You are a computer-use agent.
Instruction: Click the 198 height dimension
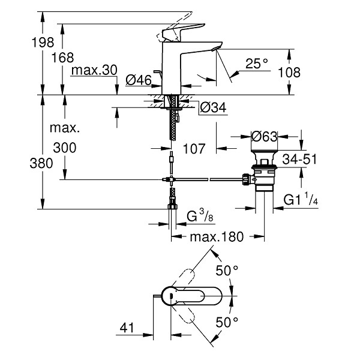[43, 42]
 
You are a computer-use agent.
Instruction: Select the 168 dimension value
[62, 58]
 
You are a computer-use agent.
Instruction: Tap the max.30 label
[94, 70]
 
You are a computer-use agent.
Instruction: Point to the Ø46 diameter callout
[139, 80]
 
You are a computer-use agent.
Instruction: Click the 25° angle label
[257, 64]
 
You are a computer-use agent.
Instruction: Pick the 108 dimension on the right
[289, 73]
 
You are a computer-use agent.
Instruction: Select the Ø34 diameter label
[213, 107]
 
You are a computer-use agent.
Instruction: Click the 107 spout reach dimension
[194, 149]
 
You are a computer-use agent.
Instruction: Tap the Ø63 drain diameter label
[264, 137]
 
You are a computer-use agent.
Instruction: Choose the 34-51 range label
[299, 159]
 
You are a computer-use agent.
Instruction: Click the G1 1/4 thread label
[301, 199]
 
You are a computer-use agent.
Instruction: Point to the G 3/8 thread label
[200, 215]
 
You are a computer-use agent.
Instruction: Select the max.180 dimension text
[217, 237]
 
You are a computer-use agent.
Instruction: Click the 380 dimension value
[41, 163]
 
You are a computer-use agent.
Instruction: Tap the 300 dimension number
[65, 148]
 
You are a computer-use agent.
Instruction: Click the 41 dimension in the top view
[127, 328]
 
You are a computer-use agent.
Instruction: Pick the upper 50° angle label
[227, 270]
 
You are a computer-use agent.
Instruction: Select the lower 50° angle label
[227, 322]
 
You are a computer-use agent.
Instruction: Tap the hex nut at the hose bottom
[172, 206]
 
